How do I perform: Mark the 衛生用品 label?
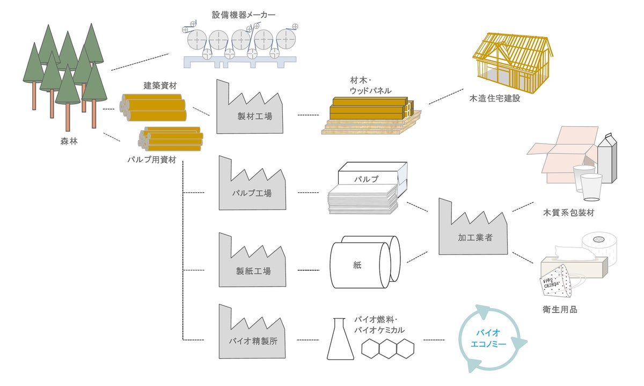point(560,310)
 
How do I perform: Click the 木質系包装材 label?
point(568,213)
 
